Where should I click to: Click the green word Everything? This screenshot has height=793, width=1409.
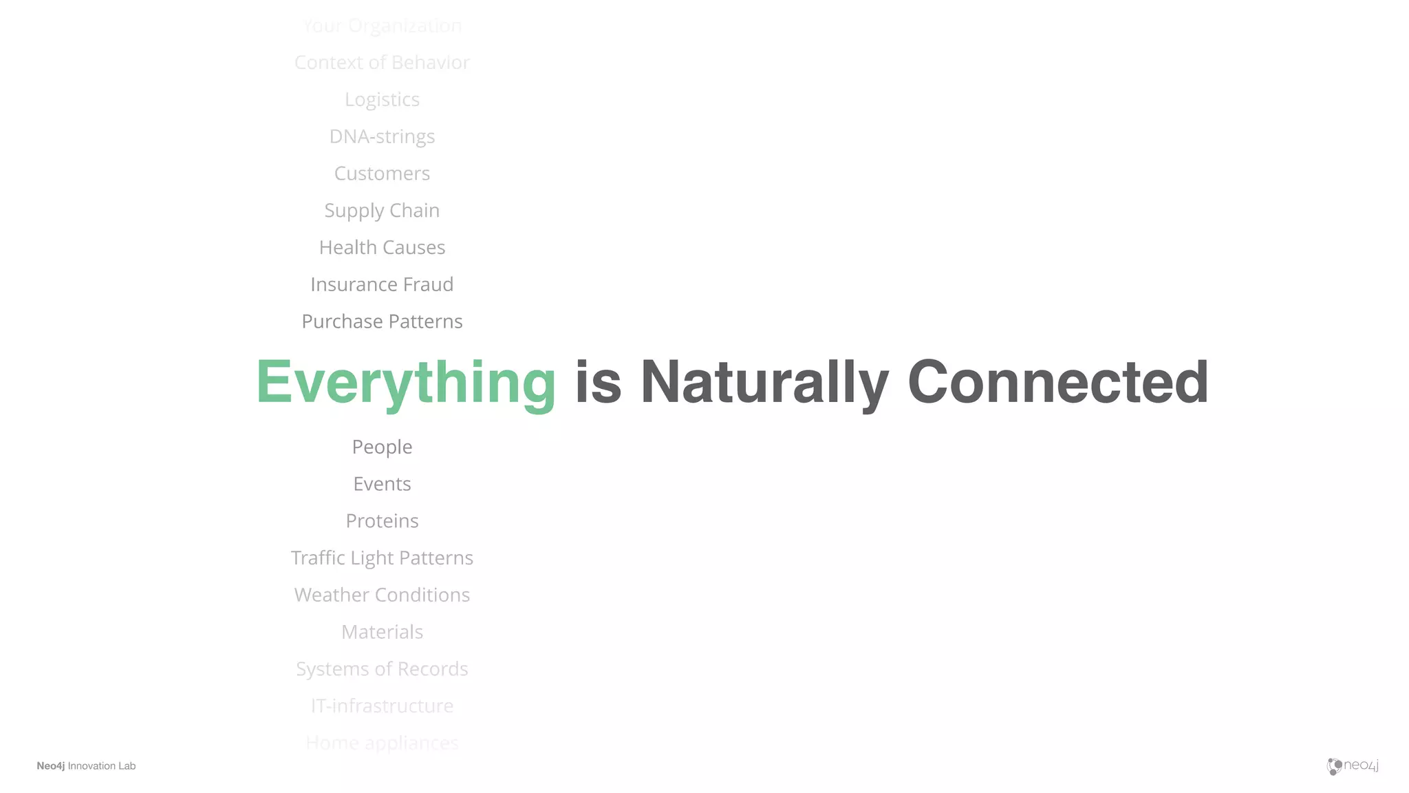pos(406,383)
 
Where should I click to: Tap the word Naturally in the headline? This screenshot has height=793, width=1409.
pos(764,383)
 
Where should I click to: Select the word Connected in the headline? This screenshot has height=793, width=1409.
pos(1057,383)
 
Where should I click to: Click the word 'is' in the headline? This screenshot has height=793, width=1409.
pos(598,383)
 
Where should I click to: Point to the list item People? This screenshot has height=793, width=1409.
pos(382,447)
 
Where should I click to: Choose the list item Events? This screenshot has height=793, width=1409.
pos(382,484)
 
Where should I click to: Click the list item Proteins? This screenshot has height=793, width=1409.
pos(382,521)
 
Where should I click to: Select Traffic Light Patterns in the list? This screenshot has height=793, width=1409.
pos(382,558)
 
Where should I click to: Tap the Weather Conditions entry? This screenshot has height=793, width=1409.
pos(382,595)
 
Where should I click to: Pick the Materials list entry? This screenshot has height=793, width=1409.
pos(382,632)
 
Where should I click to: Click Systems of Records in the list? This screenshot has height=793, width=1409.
pos(382,669)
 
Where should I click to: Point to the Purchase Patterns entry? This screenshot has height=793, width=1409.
pos(382,321)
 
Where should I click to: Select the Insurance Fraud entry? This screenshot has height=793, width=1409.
pos(382,284)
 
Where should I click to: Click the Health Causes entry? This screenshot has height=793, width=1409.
pos(382,247)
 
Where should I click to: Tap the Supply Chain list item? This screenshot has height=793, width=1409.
pos(382,211)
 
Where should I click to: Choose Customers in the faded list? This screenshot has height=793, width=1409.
pos(382,173)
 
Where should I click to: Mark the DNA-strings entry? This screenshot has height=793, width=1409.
pos(382,136)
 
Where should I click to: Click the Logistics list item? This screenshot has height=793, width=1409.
pos(382,100)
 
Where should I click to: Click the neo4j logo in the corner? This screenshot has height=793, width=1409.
pos(1353,765)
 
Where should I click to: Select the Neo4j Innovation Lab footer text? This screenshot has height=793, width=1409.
pos(86,766)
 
